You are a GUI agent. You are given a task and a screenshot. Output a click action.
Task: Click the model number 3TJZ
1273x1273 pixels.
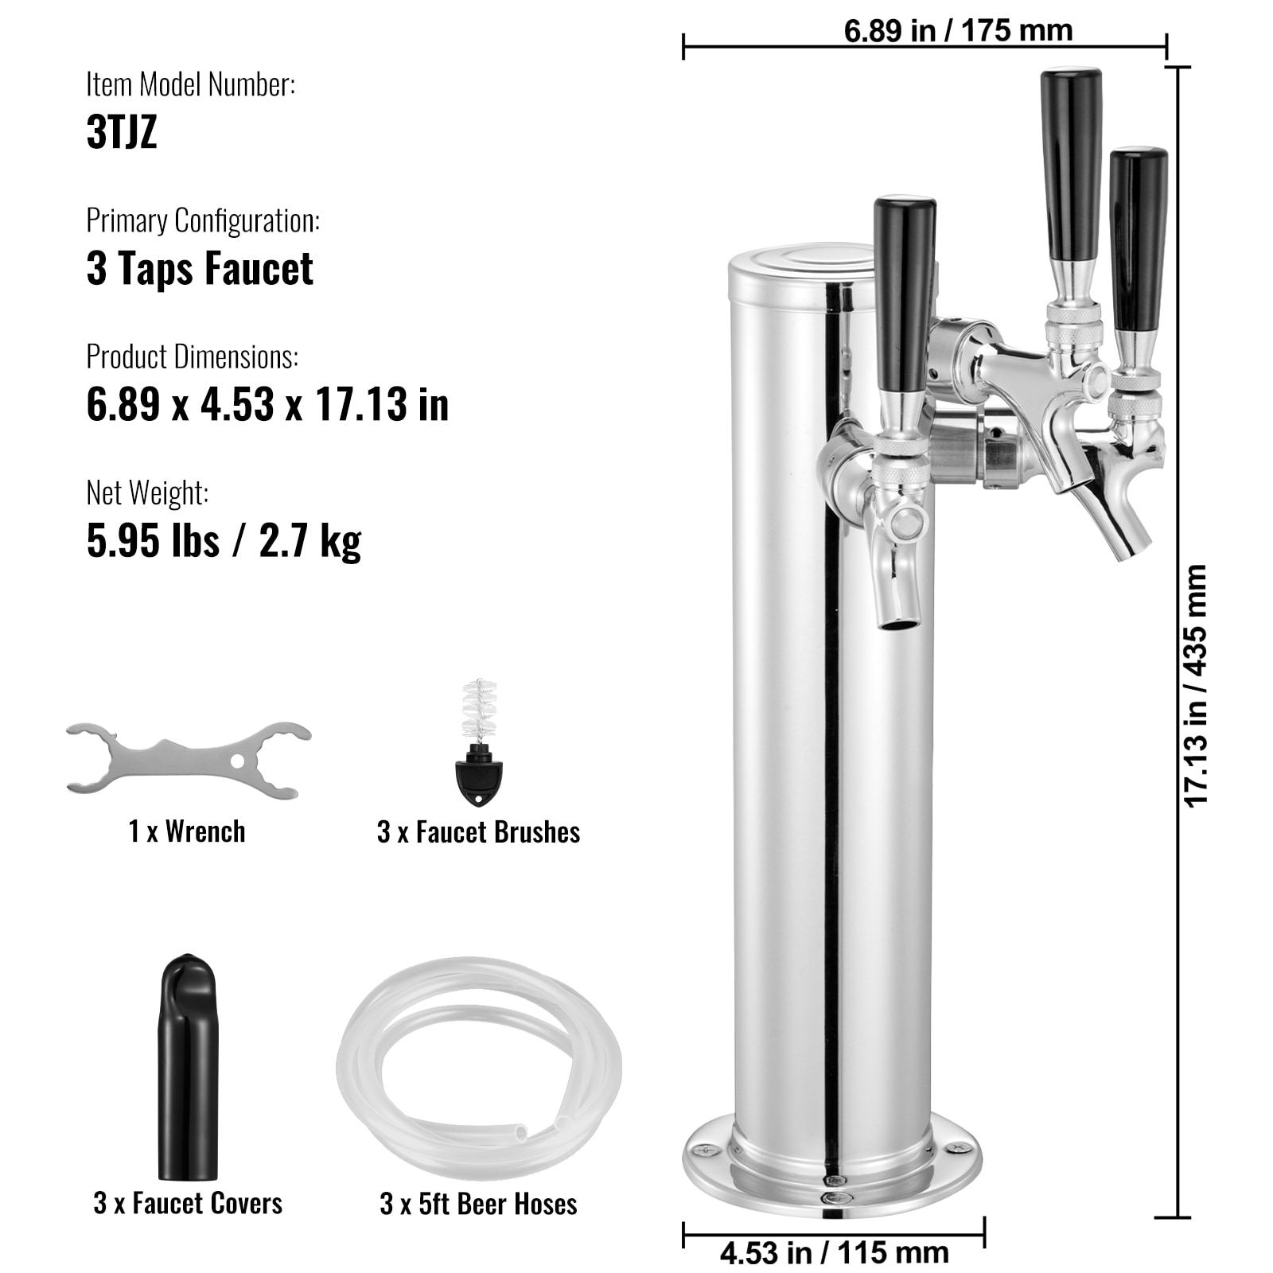click(x=122, y=132)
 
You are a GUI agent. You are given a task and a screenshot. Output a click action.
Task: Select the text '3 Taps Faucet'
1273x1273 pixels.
click(x=200, y=269)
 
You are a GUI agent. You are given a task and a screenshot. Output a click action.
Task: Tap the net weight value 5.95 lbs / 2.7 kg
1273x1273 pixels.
click(x=224, y=542)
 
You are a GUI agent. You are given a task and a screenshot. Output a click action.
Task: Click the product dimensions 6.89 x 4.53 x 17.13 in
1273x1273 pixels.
click(x=267, y=405)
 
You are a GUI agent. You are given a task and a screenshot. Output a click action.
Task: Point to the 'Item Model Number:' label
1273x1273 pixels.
click(x=191, y=84)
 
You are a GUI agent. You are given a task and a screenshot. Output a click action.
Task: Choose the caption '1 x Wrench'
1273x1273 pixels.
click(x=187, y=831)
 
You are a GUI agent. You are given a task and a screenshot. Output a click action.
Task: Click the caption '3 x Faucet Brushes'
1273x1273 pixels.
click(x=478, y=832)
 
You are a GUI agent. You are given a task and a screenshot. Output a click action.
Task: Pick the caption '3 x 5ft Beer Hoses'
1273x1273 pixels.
click(x=478, y=1204)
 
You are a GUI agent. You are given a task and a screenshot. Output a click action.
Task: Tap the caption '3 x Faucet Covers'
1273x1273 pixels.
click(x=188, y=1203)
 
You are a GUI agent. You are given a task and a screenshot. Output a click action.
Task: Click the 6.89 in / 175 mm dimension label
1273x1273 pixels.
click(x=958, y=31)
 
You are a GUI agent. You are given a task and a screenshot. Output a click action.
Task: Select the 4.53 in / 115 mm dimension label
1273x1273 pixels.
click(x=834, y=1253)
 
